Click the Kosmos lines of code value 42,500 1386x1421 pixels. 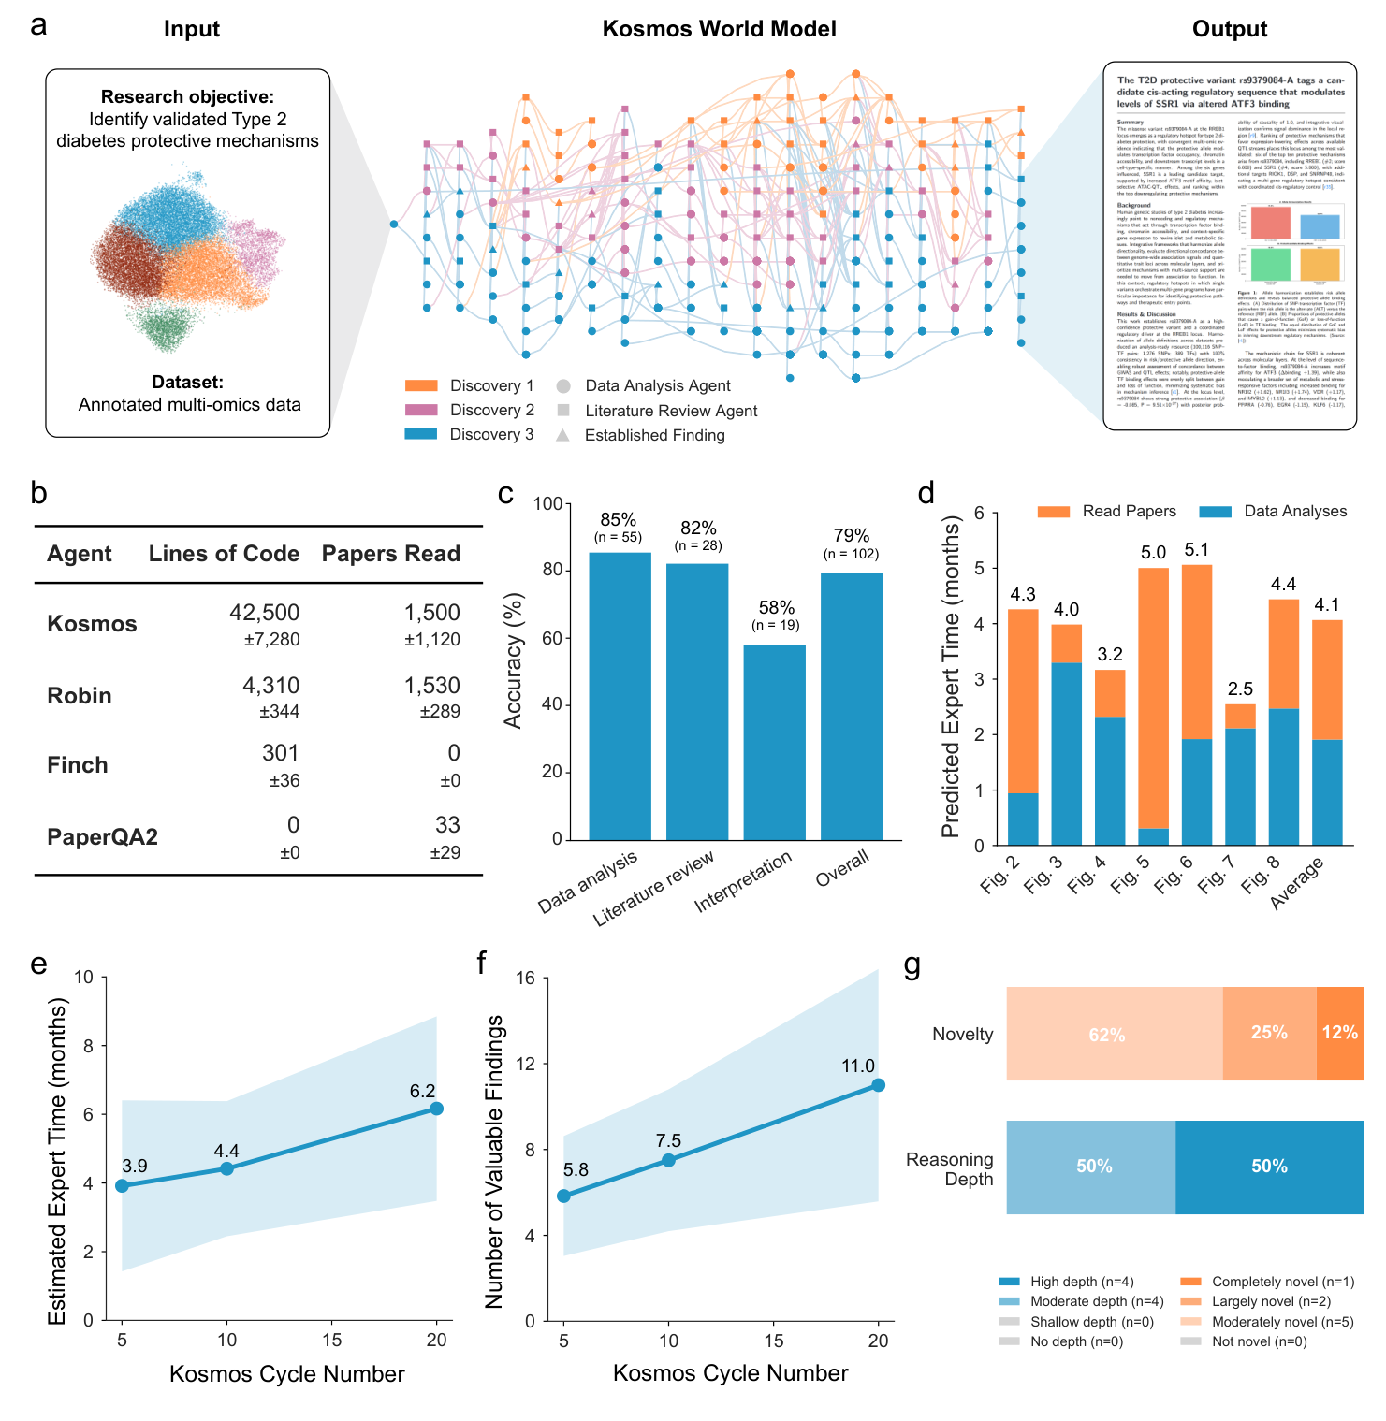(265, 613)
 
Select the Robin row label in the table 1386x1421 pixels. (80, 696)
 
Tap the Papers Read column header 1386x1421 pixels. (391, 554)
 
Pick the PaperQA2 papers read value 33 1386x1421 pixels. (447, 825)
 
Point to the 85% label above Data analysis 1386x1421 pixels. (619, 520)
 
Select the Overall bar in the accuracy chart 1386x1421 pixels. (852, 706)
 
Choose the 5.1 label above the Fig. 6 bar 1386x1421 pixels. (1197, 550)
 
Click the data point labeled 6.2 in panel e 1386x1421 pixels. (436, 1109)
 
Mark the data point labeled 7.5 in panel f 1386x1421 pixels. (668, 1160)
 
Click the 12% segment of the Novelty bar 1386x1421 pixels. (1339, 1034)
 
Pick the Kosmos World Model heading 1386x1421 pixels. (719, 29)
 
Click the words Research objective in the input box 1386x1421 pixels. (187, 97)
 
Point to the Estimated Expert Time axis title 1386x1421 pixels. (58, 1160)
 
